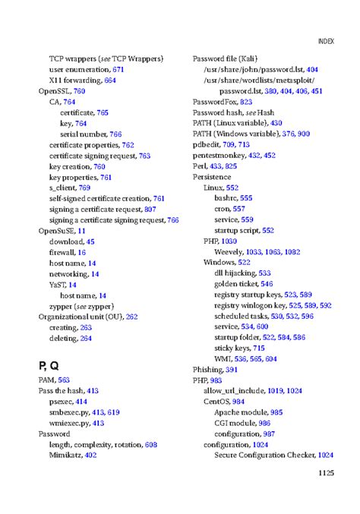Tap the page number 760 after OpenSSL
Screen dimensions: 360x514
tap(80, 90)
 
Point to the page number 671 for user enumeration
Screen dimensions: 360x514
tap(118, 69)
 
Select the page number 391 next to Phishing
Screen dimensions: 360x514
tap(232, 369)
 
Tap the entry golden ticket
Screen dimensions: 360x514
tap(236, 283)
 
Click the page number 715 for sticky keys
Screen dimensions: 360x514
tap(259, 348)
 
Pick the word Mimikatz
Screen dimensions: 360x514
tap(65, 455)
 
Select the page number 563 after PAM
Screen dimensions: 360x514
tap(64, 380)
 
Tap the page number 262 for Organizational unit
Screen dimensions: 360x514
tap(132, 316)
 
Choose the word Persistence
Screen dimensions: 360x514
tap(212, 176)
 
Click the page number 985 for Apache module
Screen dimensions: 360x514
tap(276, 412)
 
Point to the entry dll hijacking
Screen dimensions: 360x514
tap(235, 273)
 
